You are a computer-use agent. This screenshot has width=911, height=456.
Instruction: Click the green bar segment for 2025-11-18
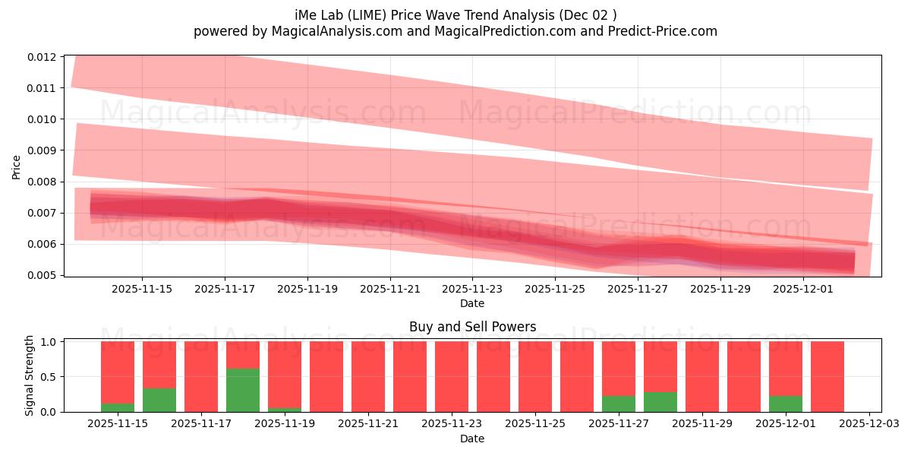243,390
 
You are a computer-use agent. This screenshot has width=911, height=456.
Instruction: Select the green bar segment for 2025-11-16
159,400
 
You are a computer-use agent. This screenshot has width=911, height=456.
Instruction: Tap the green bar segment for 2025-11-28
660,402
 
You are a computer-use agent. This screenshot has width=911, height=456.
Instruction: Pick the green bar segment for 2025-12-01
786,404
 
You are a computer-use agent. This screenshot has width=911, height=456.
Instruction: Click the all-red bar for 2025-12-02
827,376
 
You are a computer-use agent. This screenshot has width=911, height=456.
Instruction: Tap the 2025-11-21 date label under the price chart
389,289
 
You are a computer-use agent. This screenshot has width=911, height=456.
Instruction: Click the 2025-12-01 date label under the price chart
803,289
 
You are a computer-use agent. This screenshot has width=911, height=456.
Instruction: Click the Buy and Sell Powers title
472,327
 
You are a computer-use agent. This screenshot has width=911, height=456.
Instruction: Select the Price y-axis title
17,166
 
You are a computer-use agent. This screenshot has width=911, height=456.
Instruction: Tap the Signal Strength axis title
30,375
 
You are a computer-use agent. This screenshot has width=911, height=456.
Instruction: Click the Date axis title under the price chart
472,303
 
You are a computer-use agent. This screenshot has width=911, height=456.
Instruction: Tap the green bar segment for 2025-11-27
619,404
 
